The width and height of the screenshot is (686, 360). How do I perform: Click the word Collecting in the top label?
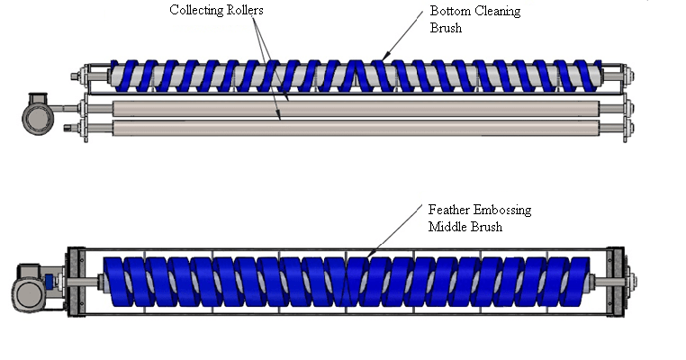pyautogui.click(x=196, y=12)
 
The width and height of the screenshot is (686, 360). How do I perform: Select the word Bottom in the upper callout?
pyautogui.click(x=450, y=12)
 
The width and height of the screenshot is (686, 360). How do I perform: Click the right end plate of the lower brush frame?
pyautogui.click(x=620, y=281)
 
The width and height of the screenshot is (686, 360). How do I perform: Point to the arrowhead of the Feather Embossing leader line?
pyautogui.click(x=368, y=250)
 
